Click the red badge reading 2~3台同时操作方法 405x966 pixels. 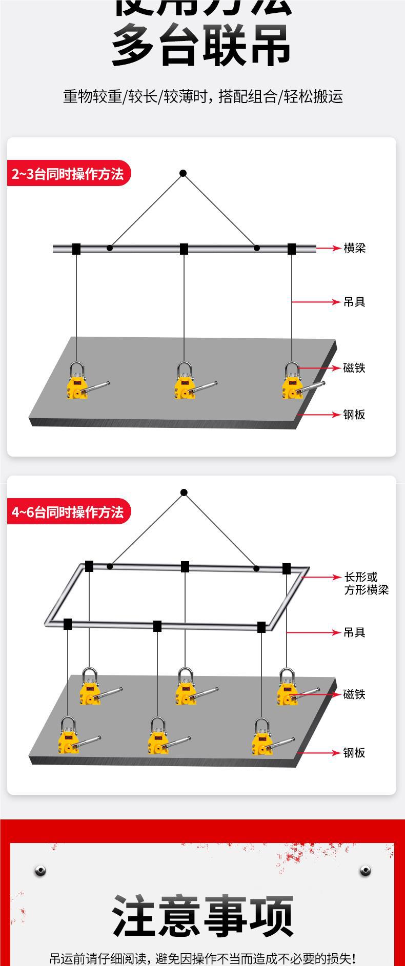click(x=68, y=174)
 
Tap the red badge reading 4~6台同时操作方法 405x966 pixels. click(x=68, y=512)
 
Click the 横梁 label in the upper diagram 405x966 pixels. click(x=354, y=249)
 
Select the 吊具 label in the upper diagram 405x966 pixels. click(x=354, y=302)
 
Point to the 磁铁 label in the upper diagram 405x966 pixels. click(x=354, y=368)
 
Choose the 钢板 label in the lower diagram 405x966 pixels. click(x=354, y=753)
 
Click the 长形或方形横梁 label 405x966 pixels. click(x=366, y=584)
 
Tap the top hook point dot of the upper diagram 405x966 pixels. click(x=183, y=173)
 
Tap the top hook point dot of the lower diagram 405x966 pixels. click(x=184, y=492)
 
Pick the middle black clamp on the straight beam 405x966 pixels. click(x=184, y=249)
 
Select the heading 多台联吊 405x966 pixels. click(x=202, y=46)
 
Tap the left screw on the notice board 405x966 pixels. click(x=40, y=870)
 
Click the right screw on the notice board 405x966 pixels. click(x=365, y=870)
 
